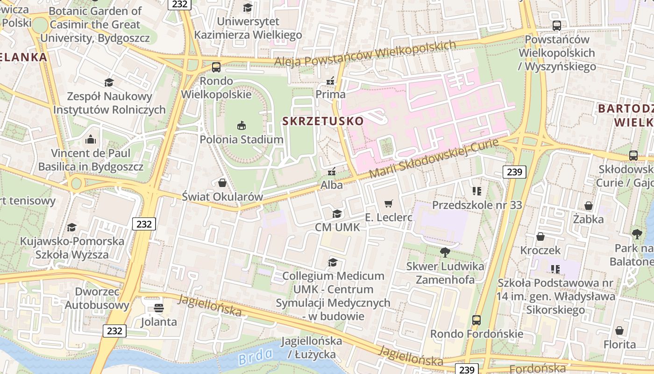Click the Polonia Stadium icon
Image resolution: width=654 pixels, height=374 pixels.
[242, 125]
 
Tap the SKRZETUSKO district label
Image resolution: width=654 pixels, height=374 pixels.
[323, 121]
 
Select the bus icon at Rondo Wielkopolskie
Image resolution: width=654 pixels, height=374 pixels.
[216, 67]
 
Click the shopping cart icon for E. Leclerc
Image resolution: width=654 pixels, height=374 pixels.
[388, 203]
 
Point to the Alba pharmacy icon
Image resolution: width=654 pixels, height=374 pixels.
[332, 171]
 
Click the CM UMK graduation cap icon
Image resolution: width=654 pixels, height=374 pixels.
[336, 214]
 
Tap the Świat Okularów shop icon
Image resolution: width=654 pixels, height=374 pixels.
[222, 182]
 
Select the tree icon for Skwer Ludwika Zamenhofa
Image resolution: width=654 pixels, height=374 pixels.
[445, 252]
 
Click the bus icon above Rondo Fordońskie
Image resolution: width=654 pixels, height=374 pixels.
[476, 320]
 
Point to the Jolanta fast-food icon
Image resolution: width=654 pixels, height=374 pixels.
[159, 308]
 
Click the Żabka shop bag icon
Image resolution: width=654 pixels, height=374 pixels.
[589, 205]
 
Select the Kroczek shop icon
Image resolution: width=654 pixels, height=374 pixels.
[540, 237]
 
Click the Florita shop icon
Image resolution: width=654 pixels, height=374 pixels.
[619, 331]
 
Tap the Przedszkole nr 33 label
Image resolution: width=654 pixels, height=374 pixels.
[477, 205]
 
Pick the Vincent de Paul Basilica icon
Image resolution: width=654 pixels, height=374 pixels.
[91, 139]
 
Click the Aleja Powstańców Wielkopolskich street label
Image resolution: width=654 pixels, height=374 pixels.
[364, 54]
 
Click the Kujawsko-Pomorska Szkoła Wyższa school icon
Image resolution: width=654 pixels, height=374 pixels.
[71, 227]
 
